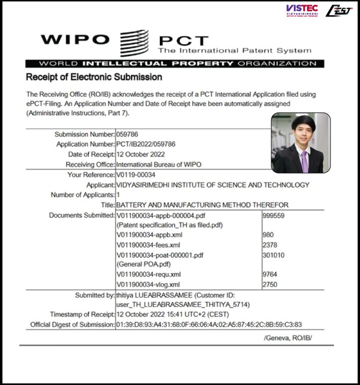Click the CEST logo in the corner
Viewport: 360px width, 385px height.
pos(339,11)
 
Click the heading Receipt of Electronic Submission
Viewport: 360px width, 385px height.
pos(94,77)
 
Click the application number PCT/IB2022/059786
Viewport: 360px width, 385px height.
pos(146,144)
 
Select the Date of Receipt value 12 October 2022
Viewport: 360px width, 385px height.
pos(141,154)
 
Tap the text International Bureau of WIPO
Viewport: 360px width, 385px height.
pos(159,164)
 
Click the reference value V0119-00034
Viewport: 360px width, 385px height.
pos(136,175)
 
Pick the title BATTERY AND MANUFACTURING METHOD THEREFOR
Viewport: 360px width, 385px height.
pos(203,205)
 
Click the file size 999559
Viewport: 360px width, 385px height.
pos(274,216)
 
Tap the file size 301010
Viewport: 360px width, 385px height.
pos(274,255)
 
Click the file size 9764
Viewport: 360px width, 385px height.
pos(271,275)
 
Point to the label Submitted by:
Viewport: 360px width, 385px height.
pos(95,295)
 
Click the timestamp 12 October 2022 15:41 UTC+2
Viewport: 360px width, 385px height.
pos(166,314)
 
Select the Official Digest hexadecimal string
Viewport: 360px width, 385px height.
pos(209,325)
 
